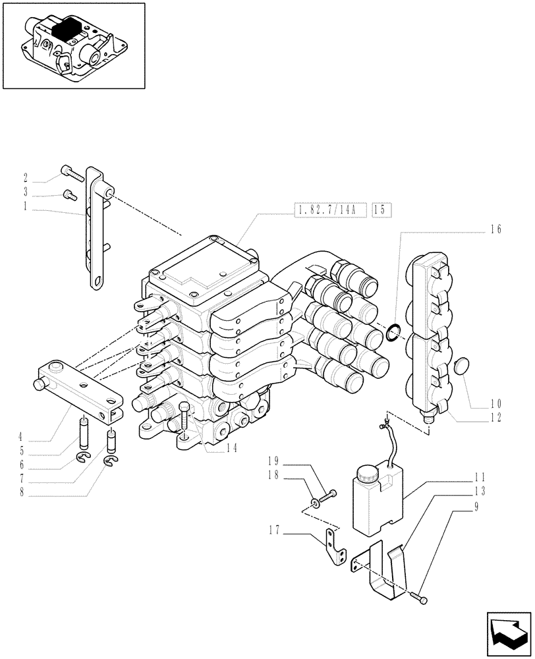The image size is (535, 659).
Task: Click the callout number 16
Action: [495, 229]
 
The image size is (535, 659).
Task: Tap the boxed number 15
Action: [381, 210]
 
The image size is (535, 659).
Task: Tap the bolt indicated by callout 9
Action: [419, 598]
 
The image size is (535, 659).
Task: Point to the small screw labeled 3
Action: [69, 194]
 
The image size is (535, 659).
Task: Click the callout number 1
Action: [25, 206]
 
